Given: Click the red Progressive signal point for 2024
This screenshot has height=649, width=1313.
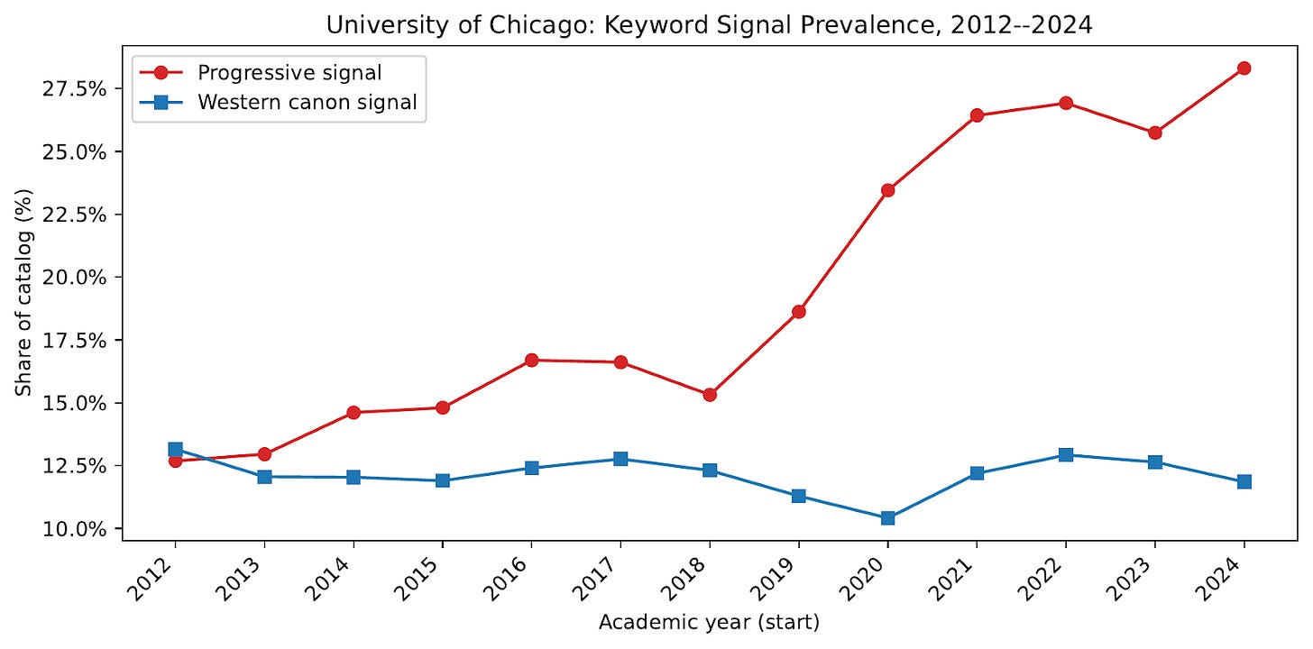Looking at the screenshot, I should coord(1244,68).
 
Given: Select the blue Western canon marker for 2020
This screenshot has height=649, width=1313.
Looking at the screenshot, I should coord(887,517).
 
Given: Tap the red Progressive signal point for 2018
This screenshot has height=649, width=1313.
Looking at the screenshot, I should coord(710,395).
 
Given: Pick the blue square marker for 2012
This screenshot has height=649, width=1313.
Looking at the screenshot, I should coord(175,449).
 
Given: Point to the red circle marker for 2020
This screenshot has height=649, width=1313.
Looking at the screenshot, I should coord(887,190).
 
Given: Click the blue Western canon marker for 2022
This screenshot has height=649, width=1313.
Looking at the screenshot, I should coord(1066,455).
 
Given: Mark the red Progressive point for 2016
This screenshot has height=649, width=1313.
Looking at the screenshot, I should coord(531,360).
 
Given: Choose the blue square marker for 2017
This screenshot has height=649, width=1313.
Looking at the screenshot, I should coord(620,459).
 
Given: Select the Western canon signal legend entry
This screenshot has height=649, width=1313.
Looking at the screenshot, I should coord(307,102).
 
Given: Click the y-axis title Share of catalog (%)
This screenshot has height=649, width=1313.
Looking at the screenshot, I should coord(23,293).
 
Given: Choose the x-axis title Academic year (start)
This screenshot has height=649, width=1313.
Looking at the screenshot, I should coord(709,621).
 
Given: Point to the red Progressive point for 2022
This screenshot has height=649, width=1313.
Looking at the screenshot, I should coord(1066,103).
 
